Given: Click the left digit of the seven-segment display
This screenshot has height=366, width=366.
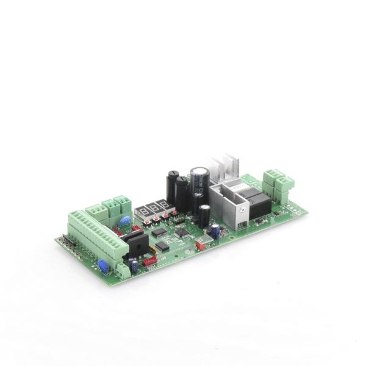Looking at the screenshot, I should point(142,211).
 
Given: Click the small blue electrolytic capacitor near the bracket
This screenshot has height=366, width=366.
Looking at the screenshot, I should point(215,231).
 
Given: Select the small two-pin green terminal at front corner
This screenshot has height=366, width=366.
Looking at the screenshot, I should point(123,270).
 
